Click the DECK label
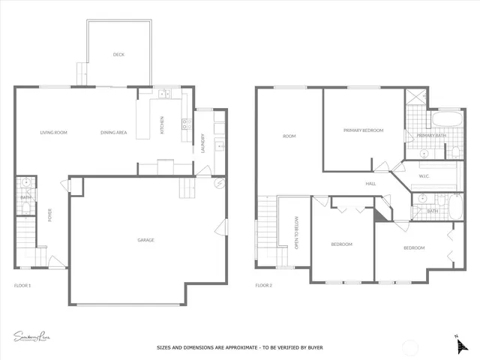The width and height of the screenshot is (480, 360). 118,55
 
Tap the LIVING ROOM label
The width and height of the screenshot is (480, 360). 54,133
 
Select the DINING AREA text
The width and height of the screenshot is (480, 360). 113,133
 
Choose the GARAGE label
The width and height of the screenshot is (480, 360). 145,240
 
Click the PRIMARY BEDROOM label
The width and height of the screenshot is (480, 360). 363,130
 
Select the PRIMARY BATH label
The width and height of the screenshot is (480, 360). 430,136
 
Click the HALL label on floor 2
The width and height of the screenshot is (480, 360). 370,183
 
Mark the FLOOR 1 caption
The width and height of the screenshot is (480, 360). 22,285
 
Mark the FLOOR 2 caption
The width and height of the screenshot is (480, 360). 263,285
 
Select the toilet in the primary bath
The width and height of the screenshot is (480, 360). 457,152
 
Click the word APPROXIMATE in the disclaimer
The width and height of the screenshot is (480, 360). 238,348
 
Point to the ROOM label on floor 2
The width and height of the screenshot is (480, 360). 289,136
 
